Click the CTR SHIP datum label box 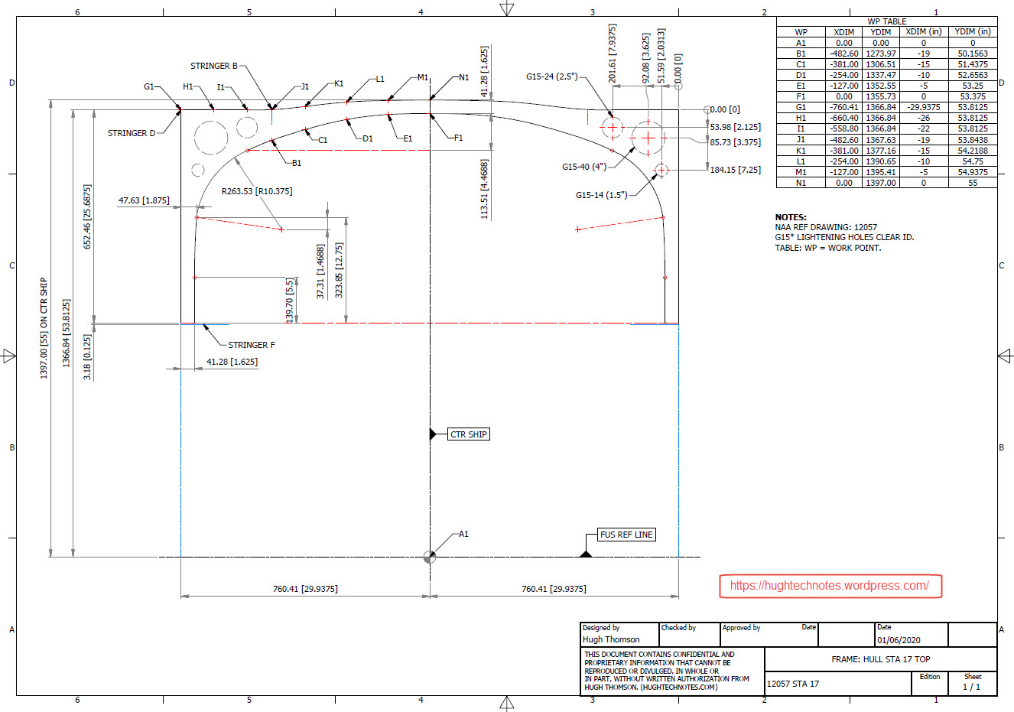(468, 434)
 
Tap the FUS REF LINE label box (626, 535)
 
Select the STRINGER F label (252, 345)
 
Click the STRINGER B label (214, 66)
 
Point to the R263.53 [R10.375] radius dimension (257, 191)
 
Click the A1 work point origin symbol (430, 557)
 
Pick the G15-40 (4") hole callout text (584, 167)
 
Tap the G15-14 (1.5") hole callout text (601, 195)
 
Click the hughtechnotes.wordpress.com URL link (830, 586)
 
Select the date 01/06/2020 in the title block (899, 640)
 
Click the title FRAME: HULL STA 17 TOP (881, 659)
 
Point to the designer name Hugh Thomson (611, 639)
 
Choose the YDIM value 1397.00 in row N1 (880, 183)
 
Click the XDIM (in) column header (923, 32)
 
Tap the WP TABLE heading (887, 21)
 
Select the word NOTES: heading (791, 217)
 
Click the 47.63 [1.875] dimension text (144, 200)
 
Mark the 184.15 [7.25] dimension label (735, 170)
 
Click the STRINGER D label (132, 133)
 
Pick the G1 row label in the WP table (801, 107)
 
